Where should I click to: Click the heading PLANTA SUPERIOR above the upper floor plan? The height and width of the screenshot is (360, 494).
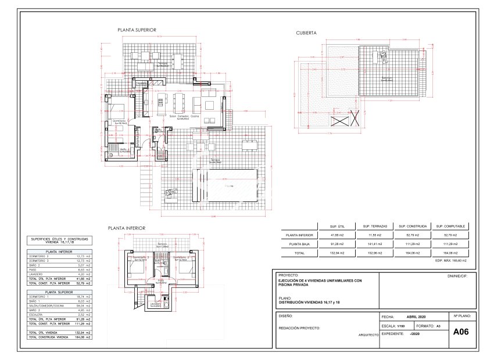point(137,30)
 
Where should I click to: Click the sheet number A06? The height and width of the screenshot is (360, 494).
point(460,333)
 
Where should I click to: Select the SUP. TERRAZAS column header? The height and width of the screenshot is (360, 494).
point(375,225)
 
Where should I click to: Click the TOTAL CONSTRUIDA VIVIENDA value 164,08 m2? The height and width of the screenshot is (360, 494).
point(83,336)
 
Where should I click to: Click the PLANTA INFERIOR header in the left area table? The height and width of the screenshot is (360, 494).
point(58,252)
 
